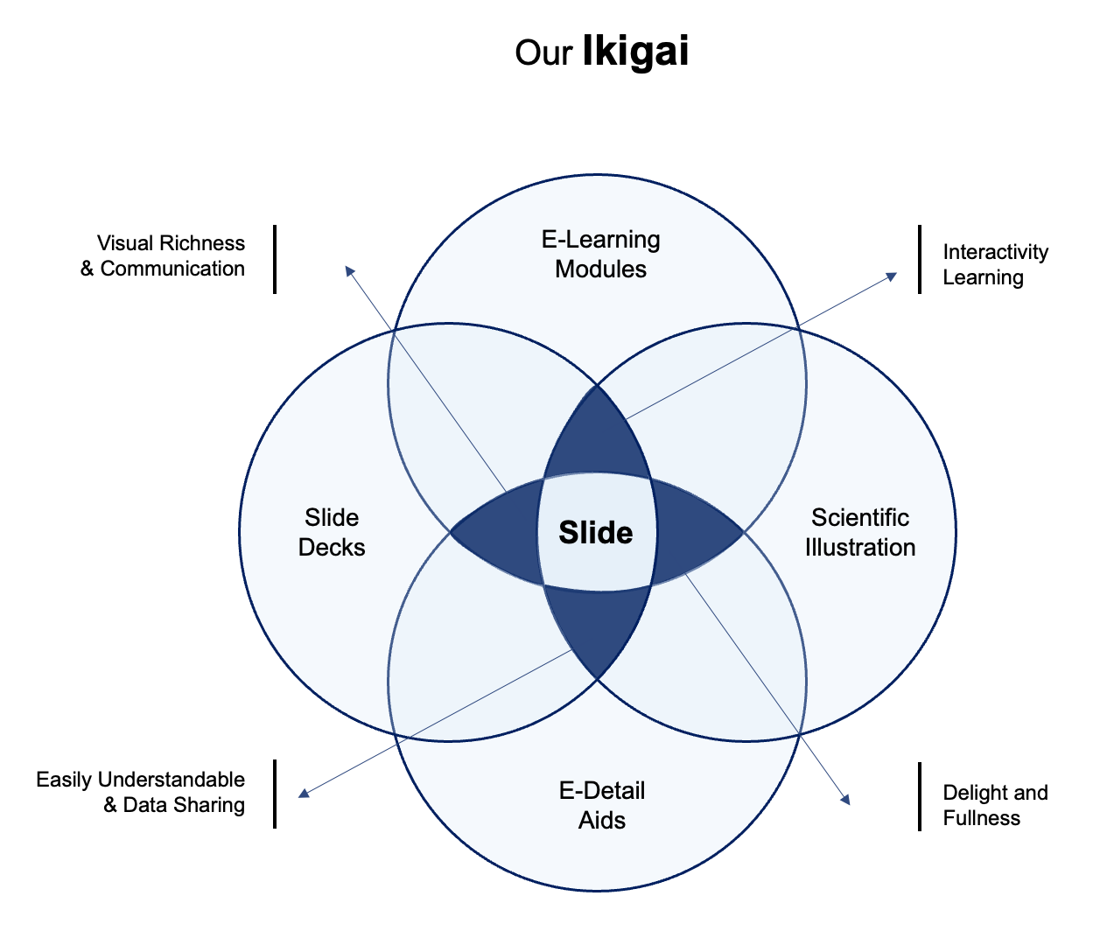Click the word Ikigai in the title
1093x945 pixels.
(635, 52)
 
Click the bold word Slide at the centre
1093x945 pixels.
(596, 532)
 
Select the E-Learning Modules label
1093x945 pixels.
(600, 254)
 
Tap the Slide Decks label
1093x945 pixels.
(332, 532)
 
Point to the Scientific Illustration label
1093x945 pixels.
(860, 532)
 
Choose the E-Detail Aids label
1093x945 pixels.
(602, 805)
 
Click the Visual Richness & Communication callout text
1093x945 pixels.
(164, 255)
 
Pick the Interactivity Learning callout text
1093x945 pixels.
(994, 264)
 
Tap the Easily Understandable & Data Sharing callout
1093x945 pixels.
(141, 792)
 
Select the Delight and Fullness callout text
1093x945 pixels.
(994, 805)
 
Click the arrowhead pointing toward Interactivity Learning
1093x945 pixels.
(892, 276)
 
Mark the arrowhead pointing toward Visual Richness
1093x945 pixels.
(349, 270)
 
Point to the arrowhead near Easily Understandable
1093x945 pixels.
(304, 794)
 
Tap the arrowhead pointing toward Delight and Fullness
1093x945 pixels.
(844, 798)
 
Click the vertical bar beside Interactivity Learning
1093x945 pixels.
(920, 259)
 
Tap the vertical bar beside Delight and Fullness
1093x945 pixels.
(920, 796)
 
